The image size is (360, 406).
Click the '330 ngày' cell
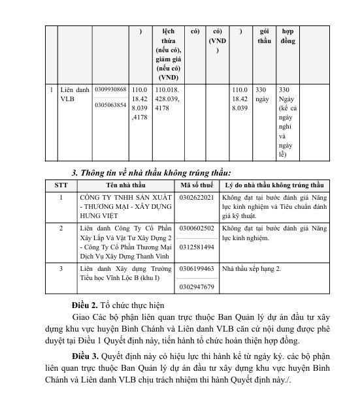(x=262, y=94)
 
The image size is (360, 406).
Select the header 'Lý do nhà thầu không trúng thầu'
(x=273, y=185)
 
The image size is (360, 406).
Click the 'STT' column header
(x=61, y=185)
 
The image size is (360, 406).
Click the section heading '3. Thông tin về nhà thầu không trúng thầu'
(x=151, y=172)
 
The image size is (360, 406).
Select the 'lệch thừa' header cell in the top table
(x=169, y=54)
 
